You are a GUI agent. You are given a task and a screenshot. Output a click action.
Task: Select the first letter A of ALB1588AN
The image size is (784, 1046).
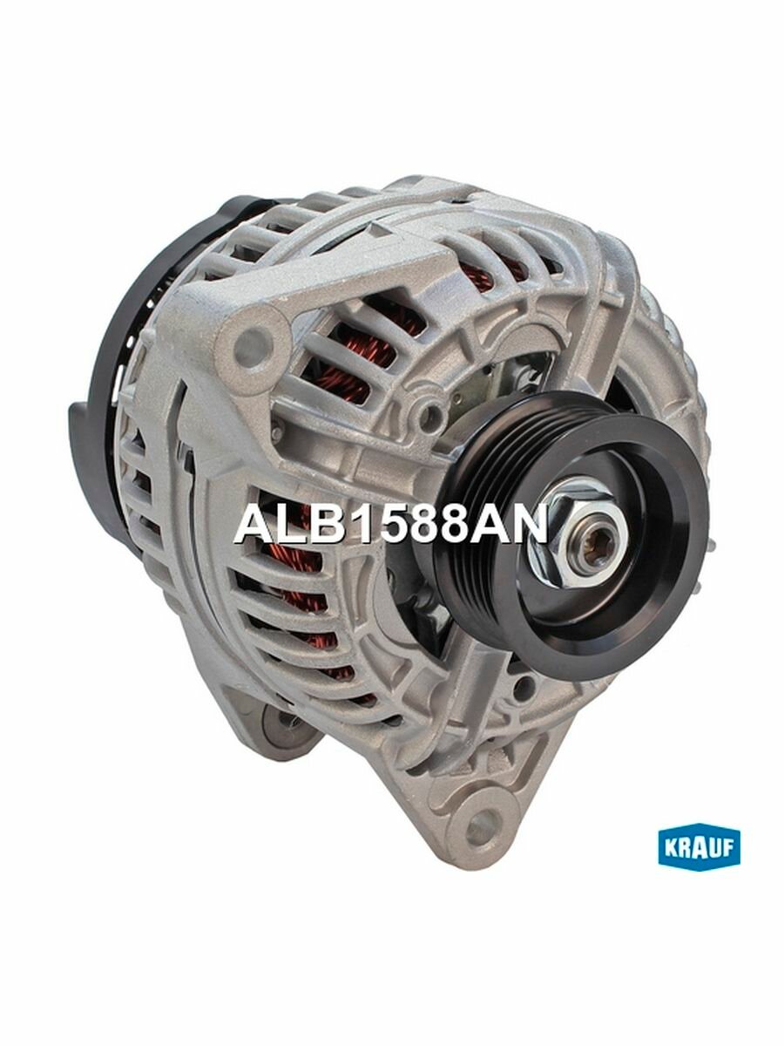(252, 525)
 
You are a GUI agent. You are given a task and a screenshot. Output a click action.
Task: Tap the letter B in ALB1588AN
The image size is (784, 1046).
(319, 525)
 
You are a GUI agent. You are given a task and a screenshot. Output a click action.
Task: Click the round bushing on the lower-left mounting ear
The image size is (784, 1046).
(280, 723)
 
